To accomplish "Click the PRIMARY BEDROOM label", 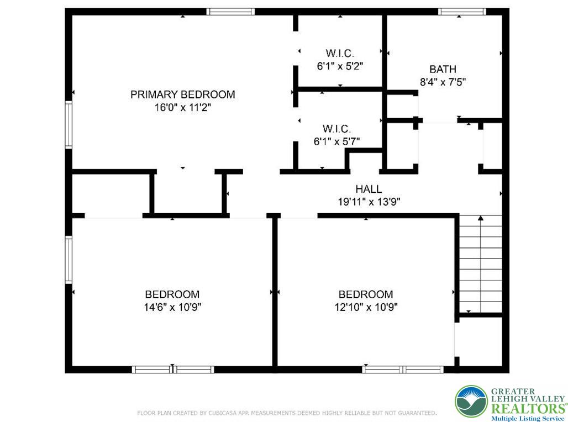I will [182, 94].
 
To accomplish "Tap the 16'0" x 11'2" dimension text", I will [182, 108].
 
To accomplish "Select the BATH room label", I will [443, 69].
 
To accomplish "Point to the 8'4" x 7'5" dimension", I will [443, 82].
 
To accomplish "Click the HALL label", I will [369, 189].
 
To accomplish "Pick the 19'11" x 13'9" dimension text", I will [369, 202].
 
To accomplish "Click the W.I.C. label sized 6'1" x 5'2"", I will [339, 53].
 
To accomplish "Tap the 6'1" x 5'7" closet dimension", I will [336, 141].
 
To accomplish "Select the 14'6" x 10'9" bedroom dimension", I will [172, 307].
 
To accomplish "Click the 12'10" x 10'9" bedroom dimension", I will [365, 307].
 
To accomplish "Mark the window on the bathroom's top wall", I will [462, 11].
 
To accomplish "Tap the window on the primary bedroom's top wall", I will [230, 11].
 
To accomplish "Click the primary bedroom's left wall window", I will [69, 124].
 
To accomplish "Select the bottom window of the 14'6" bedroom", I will [172, 370].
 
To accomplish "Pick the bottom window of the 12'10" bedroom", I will [403, 370].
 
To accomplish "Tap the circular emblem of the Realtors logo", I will [471, 402].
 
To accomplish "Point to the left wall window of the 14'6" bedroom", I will [69, 260].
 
